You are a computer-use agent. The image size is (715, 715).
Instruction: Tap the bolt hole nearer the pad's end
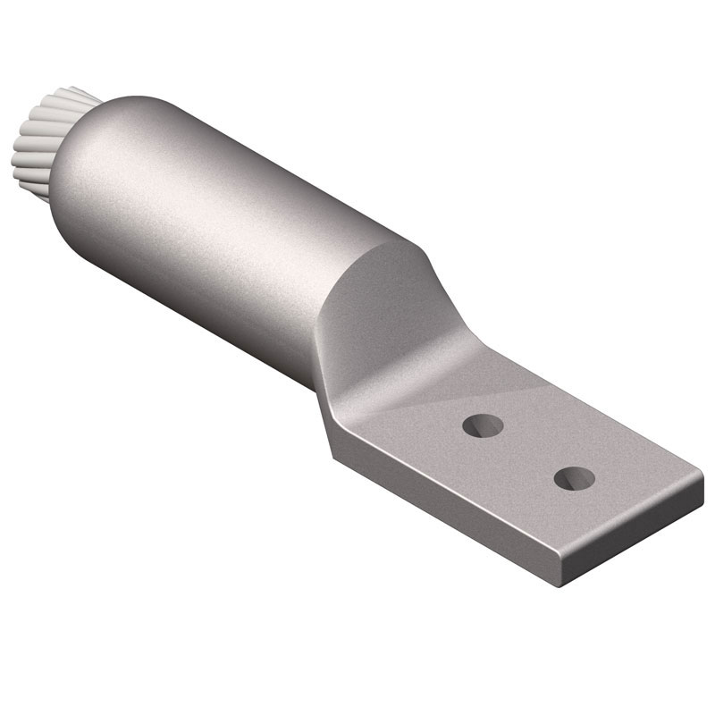[572, 478]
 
